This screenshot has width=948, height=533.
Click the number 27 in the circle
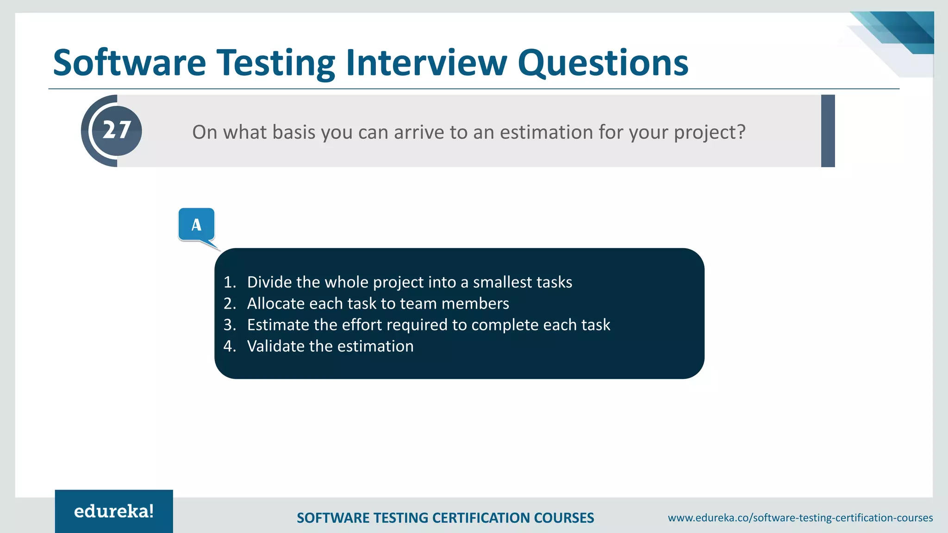pos(117,130)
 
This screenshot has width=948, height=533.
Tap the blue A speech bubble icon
pos(196,225)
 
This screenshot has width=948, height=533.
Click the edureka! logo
pos(114,511)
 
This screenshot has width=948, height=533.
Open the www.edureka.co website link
pos(800,518)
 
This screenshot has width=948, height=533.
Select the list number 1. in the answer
pos(230,282)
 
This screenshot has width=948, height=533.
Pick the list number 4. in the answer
pos(230,346)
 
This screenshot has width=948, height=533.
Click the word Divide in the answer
pos(269,282)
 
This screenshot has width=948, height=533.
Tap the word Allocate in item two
pos(276,304)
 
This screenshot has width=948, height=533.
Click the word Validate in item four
pos(276,346)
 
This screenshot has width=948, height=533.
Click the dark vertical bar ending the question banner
pos(828,131)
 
